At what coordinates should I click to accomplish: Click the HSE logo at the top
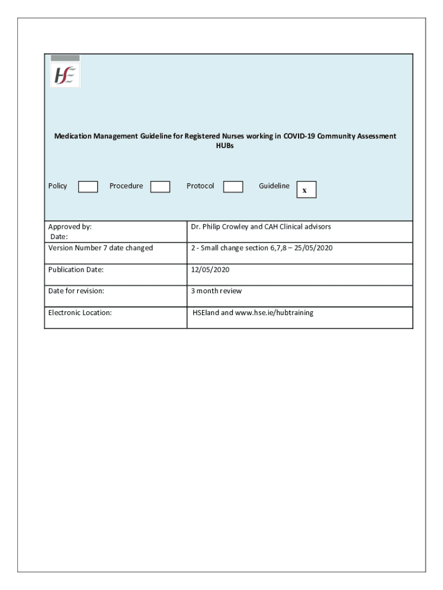(66, 75)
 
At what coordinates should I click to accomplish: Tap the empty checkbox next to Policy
(88, 187)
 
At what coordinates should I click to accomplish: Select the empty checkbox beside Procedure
(160, 187)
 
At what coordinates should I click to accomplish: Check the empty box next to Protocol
(233, 187)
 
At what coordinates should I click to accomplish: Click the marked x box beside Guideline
(306, 190)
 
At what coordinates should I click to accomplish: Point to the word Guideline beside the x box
(274, 186)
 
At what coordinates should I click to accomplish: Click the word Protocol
(200, 186)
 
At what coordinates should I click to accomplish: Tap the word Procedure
(126, 186)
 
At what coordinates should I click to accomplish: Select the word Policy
(58, 186)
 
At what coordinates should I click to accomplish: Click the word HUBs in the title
(225, 146)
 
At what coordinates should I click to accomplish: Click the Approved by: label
(70, 227)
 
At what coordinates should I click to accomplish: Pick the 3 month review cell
(216, 291)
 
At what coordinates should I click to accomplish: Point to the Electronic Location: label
(80, 313)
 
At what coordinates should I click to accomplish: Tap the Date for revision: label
(77, 291)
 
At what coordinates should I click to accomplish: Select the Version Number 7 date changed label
(101, 248)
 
